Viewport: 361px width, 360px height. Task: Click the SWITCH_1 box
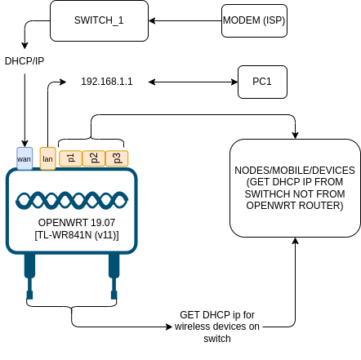pos(99,20)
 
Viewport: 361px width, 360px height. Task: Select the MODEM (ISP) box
pos(254,20)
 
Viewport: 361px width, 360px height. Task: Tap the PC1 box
pos(262,82)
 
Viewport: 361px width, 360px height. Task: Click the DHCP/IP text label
pos(25,61)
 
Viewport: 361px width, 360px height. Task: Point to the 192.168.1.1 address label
pos(107,82)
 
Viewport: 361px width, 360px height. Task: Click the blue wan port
pos(25,158)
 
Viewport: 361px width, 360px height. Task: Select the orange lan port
pos(48,158)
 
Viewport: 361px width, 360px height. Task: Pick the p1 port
pos(71,158)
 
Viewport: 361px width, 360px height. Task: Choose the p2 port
pos(94,158)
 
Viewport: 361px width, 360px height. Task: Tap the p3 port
pos(117,158)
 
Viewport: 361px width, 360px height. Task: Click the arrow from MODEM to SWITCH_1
pos(185,20)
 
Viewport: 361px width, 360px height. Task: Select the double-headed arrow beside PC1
pos(193,82)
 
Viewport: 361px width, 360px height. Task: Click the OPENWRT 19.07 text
pos(77,223)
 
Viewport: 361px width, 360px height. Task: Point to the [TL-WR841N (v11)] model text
pos(77,234)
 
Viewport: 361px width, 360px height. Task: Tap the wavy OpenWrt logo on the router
pos(72,201)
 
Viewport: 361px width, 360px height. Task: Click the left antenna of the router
pos(29,276)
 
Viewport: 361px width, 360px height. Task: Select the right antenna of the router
pos(114,276)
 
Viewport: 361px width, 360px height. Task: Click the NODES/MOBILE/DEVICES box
pos(295,188)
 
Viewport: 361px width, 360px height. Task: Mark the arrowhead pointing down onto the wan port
pos(25,144)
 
